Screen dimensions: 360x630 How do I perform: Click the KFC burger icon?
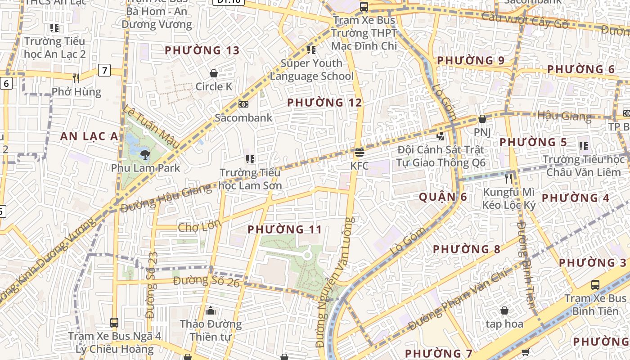(359, 152)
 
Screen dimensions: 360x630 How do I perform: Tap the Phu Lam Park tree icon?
(145, 155)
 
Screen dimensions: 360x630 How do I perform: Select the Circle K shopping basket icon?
(214, 73)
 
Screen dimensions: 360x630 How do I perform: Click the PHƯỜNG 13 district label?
(202, 50)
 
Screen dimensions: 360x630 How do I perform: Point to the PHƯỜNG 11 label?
(285, 229)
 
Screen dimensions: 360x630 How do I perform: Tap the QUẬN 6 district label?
(443, 197)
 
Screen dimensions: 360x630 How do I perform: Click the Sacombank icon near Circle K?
(243, 104)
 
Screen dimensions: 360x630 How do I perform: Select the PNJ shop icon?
(482, 119)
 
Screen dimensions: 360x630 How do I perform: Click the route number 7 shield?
(104, 70)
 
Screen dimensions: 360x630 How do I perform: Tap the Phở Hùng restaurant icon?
(76, 78)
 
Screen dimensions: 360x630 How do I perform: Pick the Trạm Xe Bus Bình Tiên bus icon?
(595, 284)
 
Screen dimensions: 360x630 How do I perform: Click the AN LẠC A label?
(89, 136)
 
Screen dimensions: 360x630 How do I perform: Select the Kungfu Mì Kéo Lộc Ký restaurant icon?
(508, 178)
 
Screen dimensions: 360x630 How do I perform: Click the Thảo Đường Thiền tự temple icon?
(210, 310)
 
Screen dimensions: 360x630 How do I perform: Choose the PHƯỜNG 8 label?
(467, 249)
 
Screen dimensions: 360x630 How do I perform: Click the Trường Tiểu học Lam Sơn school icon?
(250, 159)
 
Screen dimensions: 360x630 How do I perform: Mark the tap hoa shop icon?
(504, 310)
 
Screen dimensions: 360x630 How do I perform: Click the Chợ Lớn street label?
(199, 226)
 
